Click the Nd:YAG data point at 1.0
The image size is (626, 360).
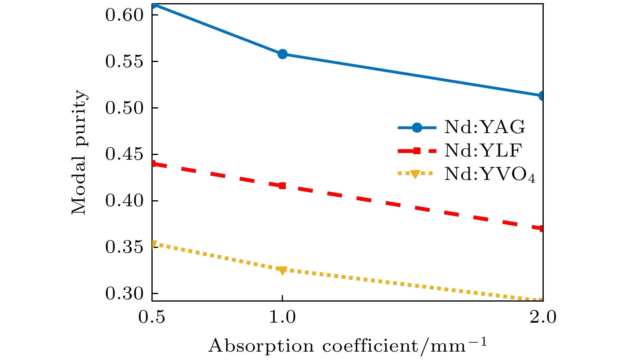282,54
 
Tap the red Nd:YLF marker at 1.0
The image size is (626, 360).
282,186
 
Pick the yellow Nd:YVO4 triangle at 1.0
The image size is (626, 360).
282,270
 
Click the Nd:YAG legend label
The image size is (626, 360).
485,128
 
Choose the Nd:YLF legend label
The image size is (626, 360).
483,151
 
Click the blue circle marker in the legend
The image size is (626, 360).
416,128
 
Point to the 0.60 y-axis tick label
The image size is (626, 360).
124,15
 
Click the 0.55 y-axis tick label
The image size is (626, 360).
124,62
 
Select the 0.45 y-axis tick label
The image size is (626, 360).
124,155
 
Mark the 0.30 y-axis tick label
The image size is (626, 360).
124,294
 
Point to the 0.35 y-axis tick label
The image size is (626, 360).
124,248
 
